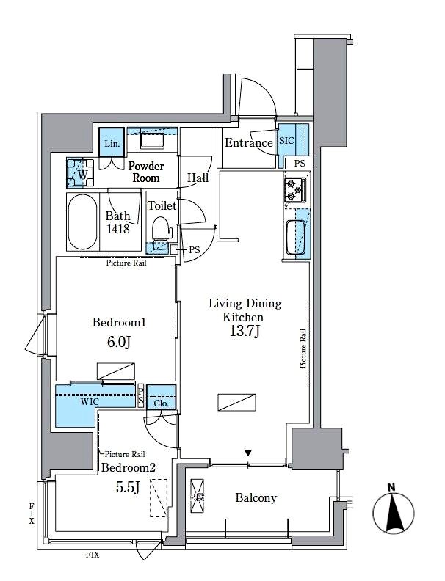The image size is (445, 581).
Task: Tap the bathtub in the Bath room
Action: click(84, 222)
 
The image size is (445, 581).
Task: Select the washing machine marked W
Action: click(80, 173)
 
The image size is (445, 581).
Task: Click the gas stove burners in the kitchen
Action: click(294, 190)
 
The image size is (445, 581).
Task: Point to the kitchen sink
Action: click(296, 237)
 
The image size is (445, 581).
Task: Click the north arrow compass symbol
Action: click(393, 514)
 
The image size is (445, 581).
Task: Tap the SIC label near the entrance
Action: click(286, 141)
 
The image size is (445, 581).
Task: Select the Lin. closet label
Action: click(112, 143)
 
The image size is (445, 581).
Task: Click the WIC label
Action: click(90, 402)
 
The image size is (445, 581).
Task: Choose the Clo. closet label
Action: click(161, 403)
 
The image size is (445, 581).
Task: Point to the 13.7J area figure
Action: click(245, 331)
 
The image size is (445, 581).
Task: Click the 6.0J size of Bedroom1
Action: click(119, 342)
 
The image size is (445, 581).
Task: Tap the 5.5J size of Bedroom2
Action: click(128, 488)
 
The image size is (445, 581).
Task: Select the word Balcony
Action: click(256, 498)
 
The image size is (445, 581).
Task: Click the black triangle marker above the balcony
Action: click(248, 453)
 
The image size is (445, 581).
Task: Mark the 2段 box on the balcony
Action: click(198, 497)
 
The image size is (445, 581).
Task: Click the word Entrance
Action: click(249, 142)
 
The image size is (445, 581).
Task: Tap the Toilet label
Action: click(162, 205)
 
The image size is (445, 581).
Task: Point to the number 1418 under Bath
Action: click(118, 229)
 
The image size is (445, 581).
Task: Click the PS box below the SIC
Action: click(299, 163)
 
